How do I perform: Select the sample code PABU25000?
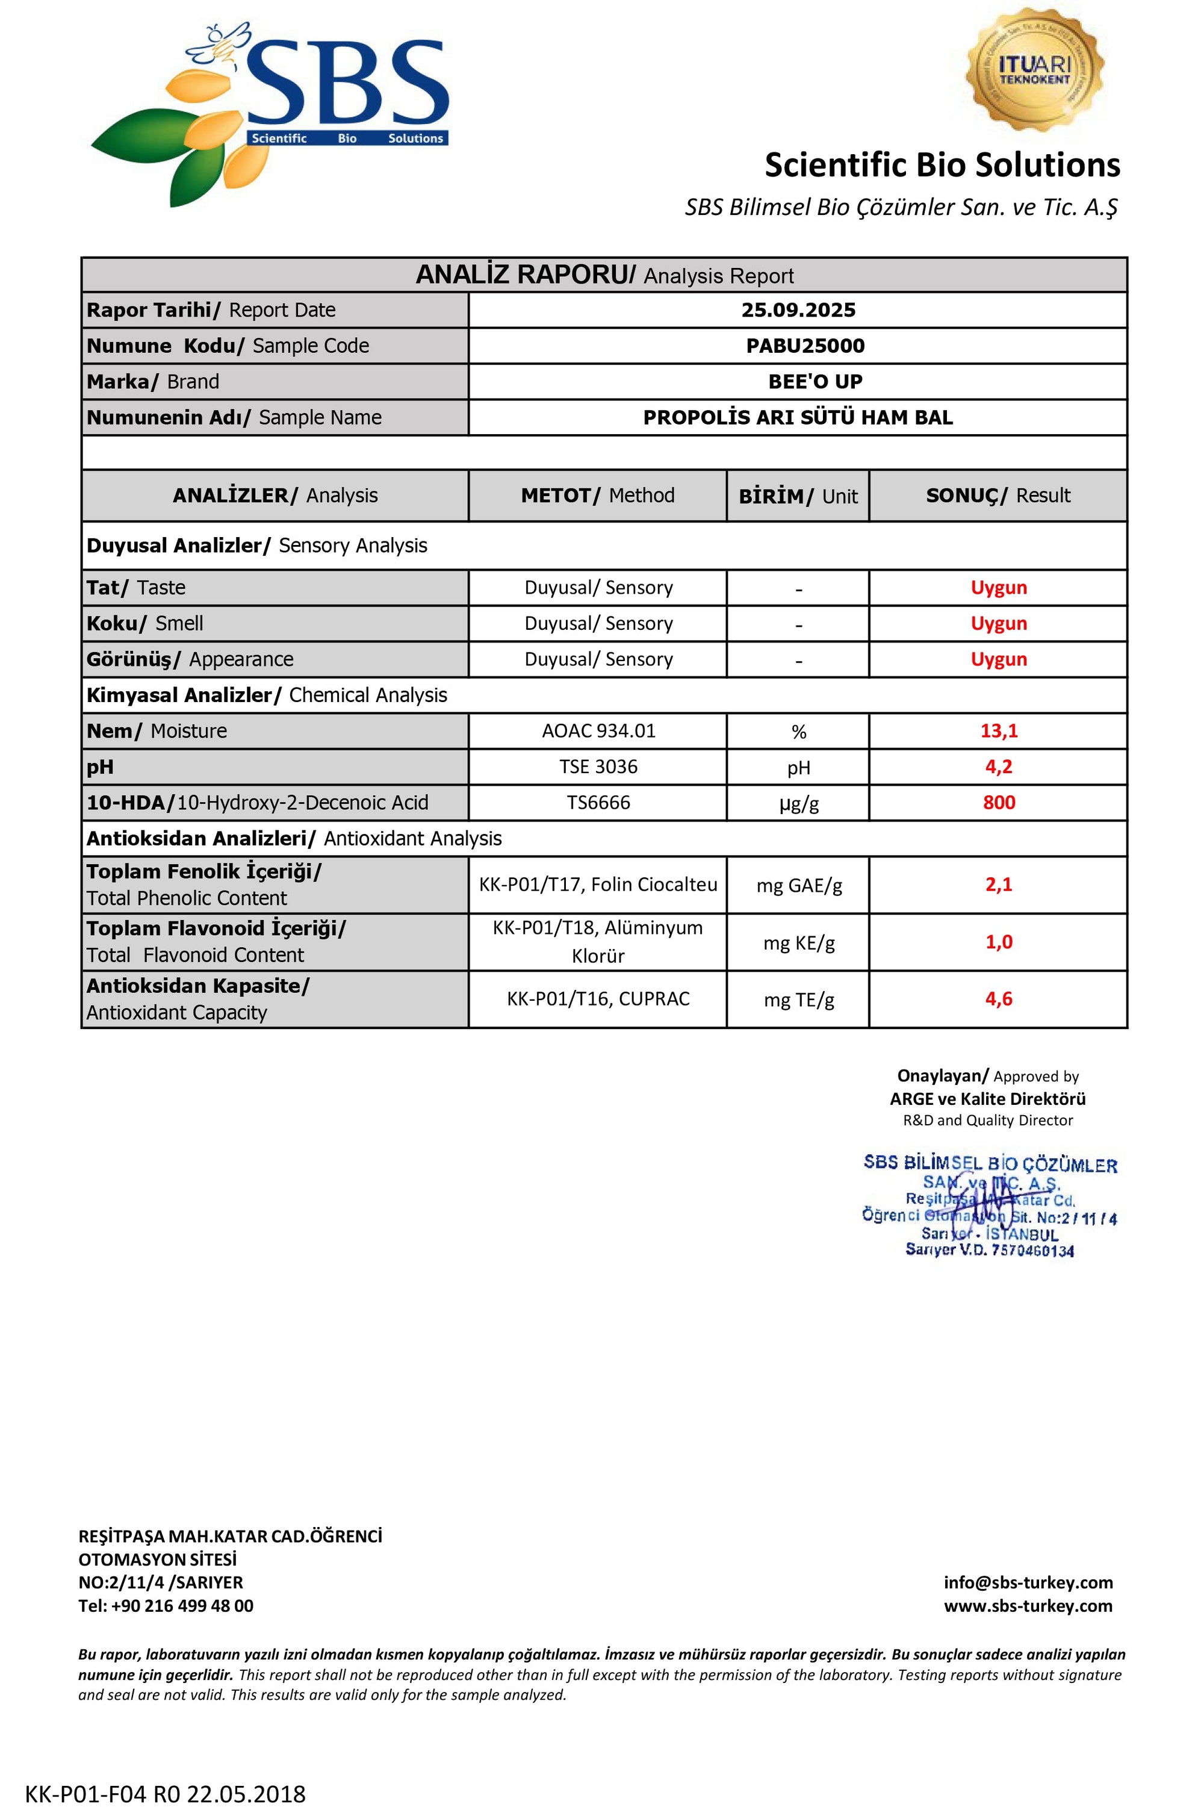tap(805, 346)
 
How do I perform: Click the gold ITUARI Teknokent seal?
tap(1034, 70)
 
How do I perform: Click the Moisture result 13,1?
tap(998, 731)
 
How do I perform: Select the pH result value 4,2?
tap(998, 767)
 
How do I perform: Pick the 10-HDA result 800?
tap(998, 803)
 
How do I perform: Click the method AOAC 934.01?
tap(598, 731)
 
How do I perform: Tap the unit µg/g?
tap(799, 804)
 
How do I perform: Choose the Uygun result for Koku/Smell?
tap(998, 624)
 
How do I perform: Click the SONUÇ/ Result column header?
tap(998, 496)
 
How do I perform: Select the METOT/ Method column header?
tap(597, 496)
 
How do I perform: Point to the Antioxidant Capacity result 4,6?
tap(998, 999)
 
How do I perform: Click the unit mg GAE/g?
tap(799, 886)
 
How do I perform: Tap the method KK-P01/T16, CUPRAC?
tap(598, 999)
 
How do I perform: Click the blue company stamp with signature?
tap(989, 1206)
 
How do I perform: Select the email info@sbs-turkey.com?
tap(1028, 1582)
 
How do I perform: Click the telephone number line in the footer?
tap(166, 1606)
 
